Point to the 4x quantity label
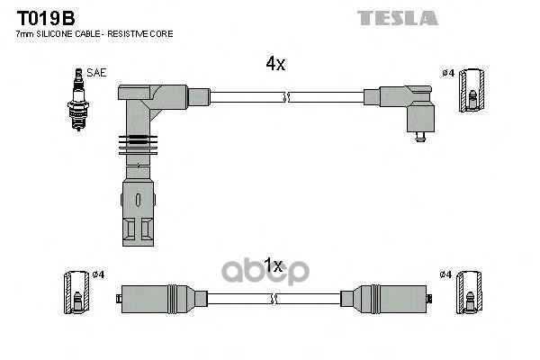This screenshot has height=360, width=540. coord(274,64)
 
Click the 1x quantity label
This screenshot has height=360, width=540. coord(274,266)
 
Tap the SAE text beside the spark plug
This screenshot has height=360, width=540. coord(95,72)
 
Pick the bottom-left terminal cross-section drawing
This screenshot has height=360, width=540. coord(76,293)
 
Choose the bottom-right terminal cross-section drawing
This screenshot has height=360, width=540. coord(466,293)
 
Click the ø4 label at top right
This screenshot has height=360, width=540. coord(447,72)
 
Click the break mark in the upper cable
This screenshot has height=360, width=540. coord(286,94)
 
